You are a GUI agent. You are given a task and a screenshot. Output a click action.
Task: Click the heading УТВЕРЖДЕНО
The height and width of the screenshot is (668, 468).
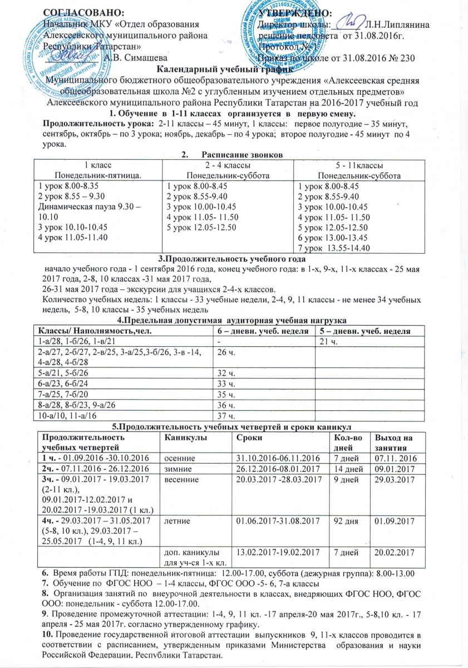click(293, 12)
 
